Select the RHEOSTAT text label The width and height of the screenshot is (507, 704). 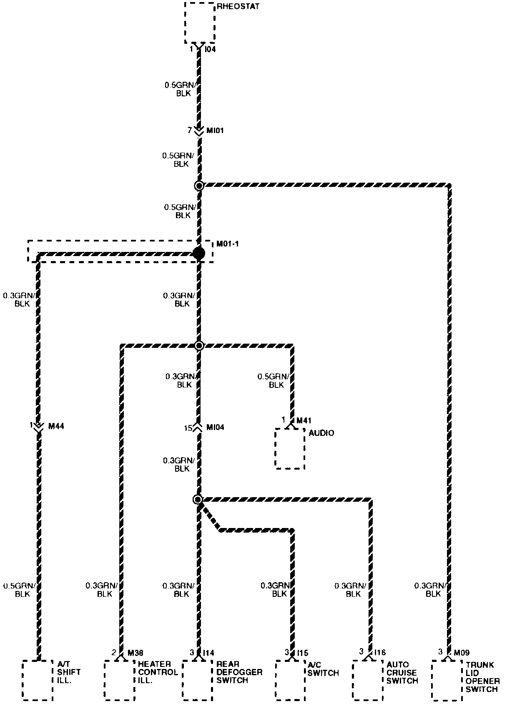[238, 7]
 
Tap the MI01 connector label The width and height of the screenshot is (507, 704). [215, 131]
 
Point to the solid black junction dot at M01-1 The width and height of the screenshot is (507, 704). [199, 253]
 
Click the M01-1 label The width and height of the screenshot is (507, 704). [228, 244]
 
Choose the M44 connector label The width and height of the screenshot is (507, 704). [56, 426]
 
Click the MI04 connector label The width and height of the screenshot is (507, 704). [216, 427]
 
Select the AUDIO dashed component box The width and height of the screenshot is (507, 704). [290, 448]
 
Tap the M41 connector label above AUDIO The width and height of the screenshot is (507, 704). [304, 421]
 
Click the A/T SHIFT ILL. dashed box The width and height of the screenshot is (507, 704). [38, 680]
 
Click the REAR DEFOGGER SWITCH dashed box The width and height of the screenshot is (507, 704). [198, 680]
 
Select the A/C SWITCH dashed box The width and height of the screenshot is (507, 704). [290, 680]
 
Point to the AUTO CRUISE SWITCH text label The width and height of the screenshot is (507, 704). [402, 672]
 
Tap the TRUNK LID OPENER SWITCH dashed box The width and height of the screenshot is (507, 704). [447, 680]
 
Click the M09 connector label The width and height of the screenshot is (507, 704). [462, 653]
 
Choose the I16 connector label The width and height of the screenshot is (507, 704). [380, 652]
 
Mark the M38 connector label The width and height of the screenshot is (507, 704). [136, 653]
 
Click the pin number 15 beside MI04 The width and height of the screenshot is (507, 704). [188, 428]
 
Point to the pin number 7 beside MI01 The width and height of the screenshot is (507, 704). [189, 131]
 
